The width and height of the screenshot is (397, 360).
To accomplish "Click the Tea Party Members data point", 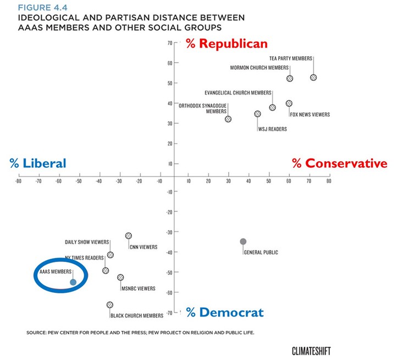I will point(313,78).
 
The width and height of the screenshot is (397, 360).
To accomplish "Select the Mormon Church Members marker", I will point(290,78).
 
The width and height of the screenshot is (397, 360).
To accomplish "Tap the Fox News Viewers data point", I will point(289,103).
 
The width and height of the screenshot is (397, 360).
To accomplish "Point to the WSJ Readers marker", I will point(257,114).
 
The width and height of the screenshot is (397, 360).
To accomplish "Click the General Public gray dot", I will point(243,241).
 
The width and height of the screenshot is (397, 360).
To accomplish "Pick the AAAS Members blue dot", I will point(73,282).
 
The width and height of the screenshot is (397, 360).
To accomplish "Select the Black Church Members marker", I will point(110,304).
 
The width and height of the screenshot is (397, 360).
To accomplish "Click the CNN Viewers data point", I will point(129,236).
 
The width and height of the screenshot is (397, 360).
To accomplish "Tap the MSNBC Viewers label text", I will point(137,288).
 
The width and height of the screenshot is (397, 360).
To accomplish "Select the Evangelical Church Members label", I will point(238,92).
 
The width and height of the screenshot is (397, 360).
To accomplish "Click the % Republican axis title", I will point(227,43).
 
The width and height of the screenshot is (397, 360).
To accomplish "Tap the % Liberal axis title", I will point(38,163).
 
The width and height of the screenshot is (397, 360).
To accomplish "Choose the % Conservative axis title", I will point(339,163).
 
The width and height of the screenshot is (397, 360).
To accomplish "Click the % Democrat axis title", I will point(224,313).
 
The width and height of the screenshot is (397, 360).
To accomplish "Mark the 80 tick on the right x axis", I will point(329,181).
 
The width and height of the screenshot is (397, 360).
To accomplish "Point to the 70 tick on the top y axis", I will point(169,42).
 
